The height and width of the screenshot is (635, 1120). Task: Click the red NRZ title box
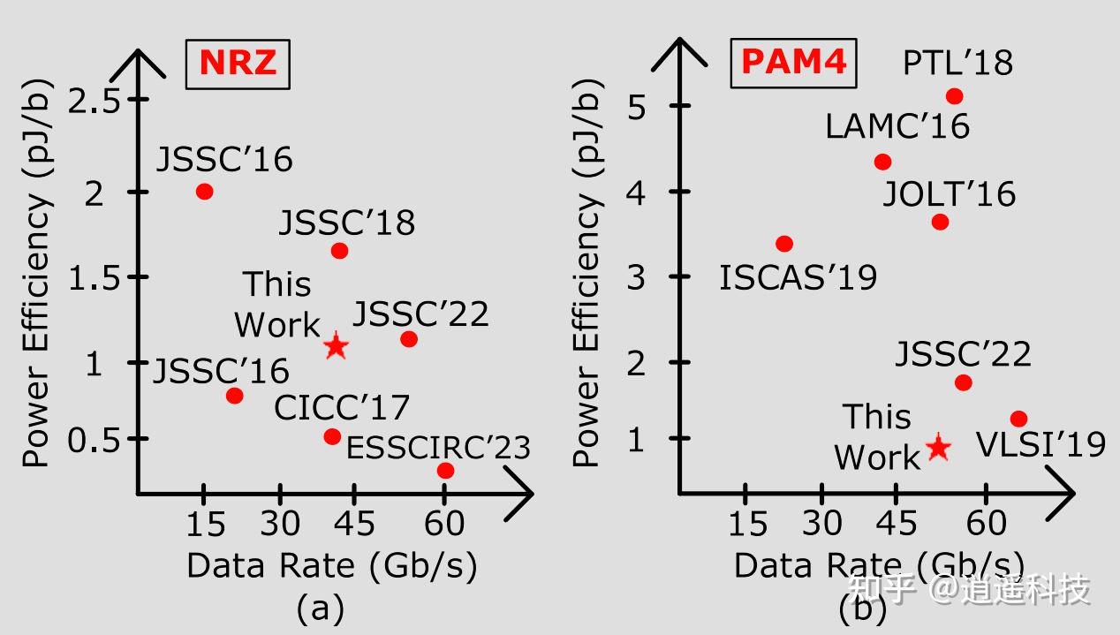click(238, 63)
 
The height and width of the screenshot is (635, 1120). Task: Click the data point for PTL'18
click(954, 96)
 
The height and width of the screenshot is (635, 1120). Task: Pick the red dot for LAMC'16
click(882, 162)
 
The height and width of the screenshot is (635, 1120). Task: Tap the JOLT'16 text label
click(950, 193)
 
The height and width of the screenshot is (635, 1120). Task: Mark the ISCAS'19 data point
click(784, 244)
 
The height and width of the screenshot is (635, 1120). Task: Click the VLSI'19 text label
click(1041, 444)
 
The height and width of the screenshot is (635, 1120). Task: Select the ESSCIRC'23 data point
click(445, 471)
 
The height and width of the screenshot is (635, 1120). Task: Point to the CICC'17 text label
click(342, 408)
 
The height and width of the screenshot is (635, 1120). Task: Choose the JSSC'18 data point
click(339, 251)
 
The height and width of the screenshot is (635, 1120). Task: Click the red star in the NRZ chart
click(335, 346)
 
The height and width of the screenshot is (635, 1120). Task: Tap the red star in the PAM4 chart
click(938, 448)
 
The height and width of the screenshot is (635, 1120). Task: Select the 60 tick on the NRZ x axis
click(444, 524)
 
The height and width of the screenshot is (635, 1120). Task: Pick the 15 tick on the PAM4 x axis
click(747, 524)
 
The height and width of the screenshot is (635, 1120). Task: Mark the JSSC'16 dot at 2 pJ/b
click(204, 192)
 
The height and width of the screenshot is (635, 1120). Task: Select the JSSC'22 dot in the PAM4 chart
click(964, 382)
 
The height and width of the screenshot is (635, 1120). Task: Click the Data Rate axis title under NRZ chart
click(331, 565)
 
